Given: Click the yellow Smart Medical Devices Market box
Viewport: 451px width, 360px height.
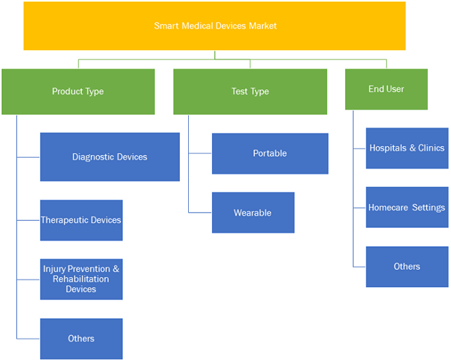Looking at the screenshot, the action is coord(215,26).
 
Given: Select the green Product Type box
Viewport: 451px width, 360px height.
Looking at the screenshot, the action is coord(78,91).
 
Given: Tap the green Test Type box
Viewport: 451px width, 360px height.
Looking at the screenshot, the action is coord(250,91).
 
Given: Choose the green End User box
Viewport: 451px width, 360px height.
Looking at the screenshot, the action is coord(387,89).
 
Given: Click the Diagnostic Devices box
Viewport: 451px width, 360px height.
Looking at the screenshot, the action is coord(110,157).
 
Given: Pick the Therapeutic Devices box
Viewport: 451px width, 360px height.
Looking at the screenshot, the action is coord(81,220).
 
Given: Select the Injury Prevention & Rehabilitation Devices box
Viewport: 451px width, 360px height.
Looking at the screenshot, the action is coord(81,279).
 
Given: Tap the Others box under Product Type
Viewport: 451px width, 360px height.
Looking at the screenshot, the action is coord(81,339).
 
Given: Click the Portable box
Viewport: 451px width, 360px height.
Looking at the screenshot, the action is coord(270,153).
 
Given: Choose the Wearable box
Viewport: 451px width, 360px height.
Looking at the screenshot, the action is coord(253,213).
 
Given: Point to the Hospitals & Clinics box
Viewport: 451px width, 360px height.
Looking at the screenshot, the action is coord(407,148).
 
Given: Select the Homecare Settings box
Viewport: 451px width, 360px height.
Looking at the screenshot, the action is coord(407,207).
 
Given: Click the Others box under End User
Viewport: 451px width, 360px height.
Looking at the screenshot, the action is coord(407,267).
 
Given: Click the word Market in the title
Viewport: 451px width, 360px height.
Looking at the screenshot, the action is coord(263,26).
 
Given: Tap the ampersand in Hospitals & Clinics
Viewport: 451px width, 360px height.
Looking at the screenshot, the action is coord(413,147).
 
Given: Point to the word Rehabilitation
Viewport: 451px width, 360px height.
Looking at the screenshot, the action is coord(81,279).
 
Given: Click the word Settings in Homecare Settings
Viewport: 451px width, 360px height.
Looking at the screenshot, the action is coord(428,207).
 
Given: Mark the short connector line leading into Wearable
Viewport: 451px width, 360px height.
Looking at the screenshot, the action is coord(200,213).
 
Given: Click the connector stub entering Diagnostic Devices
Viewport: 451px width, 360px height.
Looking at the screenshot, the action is coord(28,157).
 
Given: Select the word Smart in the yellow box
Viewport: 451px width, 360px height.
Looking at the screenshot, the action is coord(166,26).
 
